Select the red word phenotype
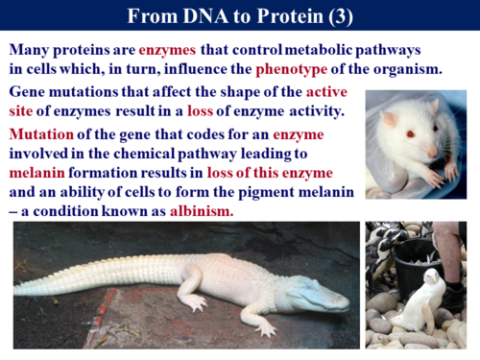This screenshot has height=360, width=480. coord(291,70)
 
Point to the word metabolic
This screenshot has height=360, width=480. coord(318,50)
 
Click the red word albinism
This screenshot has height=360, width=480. coord(202,211)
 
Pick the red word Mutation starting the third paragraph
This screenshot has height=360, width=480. coord(41,134)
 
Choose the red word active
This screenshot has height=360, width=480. coord(326,92)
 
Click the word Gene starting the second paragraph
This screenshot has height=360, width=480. coord(27,92)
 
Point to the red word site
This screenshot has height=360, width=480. coord(21,111)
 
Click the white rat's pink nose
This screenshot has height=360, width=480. coord(433,153)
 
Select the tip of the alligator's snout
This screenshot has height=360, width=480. coord(348,302)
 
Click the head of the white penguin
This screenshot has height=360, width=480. coord(431,276)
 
